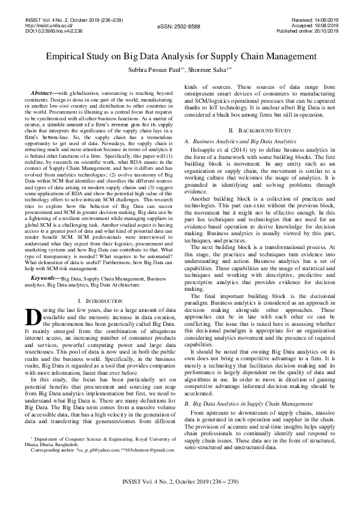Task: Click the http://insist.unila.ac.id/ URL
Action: pyautogui.click(x=48, y=26)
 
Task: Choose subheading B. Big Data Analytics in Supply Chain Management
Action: pyautogui.click(x=248, y=402)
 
